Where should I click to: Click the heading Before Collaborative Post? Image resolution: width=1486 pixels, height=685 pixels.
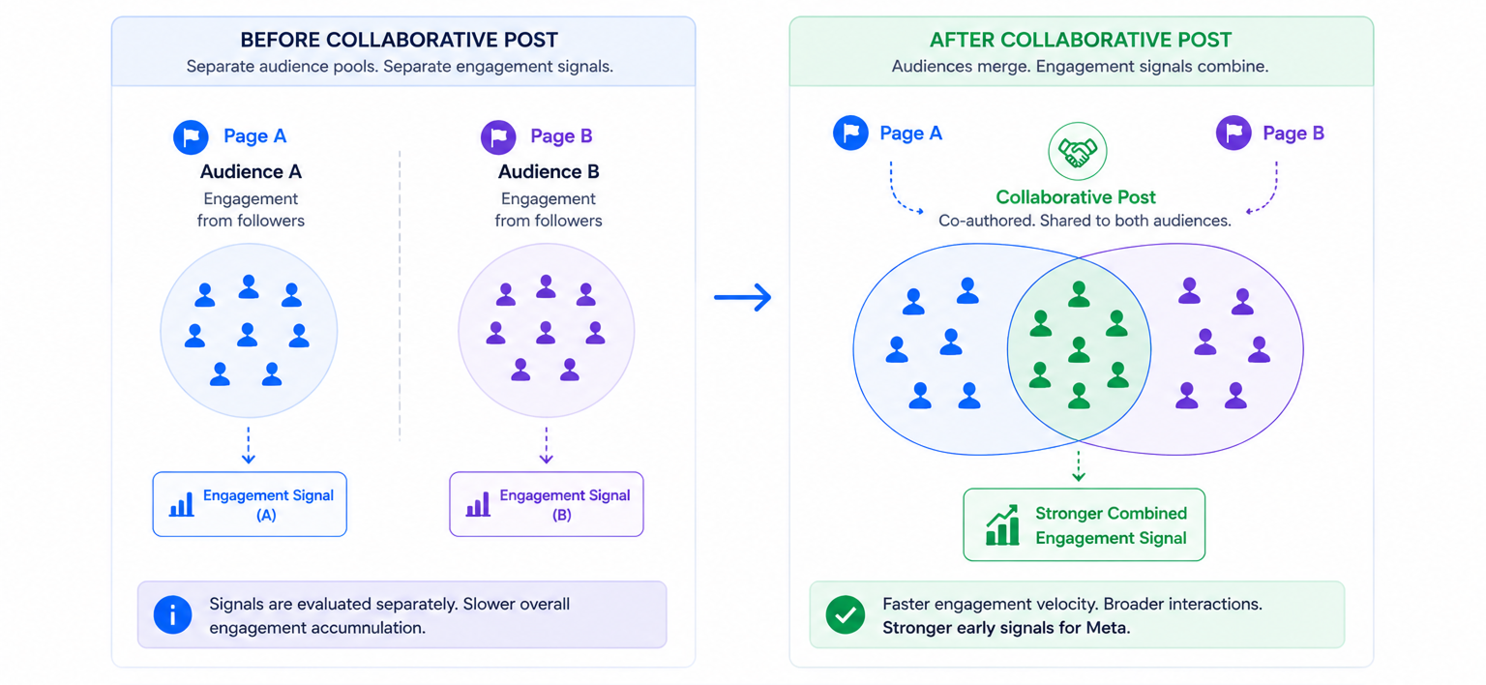click(x=399, y=40)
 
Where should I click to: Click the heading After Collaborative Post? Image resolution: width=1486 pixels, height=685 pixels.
click(x=1080, y=40)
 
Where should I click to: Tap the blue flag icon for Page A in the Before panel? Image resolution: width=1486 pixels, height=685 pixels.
click(x=191, y=136)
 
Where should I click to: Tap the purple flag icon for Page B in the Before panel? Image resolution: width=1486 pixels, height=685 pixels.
click(x=498, y=136)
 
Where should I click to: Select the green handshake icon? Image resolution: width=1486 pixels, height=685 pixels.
click(x=1077, y=152)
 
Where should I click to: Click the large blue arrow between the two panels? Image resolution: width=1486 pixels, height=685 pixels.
click(x=743, y=297)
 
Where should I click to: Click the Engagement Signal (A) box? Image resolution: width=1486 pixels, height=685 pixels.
click(x=250, y=504)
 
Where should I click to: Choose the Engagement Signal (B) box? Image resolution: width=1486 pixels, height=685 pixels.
click(x=547, y=504)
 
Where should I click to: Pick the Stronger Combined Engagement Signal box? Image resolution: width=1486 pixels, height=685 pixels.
click(x=1084, y=525)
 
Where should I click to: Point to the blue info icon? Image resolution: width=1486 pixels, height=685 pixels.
click(x=172, y=615)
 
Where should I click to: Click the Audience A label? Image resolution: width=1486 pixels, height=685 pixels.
click(x=251, y=171)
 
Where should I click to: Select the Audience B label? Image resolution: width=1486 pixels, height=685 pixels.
click(x=549, y=171)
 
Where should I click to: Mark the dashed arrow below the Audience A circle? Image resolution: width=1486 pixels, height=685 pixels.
click(x=249, y=444)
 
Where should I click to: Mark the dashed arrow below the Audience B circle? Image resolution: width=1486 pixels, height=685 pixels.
click(x=546, y=444)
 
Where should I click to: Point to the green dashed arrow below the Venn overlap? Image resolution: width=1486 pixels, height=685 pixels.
click(x=1079, y=465)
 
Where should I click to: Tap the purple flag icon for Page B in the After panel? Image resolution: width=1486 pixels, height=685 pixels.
click(x=1233, y=133)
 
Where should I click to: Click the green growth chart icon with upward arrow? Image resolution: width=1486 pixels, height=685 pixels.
click(x=1001, y=525)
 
